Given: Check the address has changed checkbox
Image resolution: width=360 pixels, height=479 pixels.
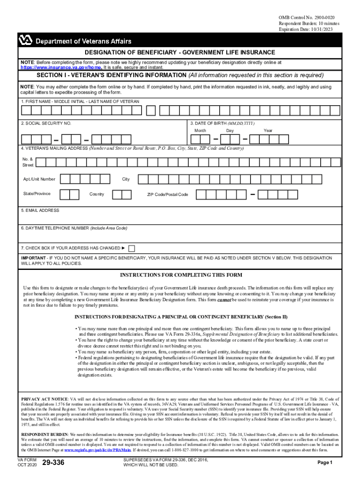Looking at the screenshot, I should tap(131, 248).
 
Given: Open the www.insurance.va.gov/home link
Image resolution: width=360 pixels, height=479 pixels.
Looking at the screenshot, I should tap(61, 67).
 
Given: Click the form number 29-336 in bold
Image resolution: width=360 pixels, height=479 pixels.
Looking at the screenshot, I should tap(53, 463).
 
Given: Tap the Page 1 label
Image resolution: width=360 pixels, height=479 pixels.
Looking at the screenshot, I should tap(324, 463).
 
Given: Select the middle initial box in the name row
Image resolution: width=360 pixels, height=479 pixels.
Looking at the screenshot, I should tap(151, 110).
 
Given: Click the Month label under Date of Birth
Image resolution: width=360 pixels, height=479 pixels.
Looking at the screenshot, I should tap(200, 131).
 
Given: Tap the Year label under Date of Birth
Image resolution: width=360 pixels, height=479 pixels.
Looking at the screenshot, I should tap(268, 131).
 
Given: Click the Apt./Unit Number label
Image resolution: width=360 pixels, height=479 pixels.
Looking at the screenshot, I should tap(39, 179).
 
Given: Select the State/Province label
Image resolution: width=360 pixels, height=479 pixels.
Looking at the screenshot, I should tap(37, 194).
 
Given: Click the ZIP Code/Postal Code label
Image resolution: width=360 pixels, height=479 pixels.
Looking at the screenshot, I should tap(168, 194).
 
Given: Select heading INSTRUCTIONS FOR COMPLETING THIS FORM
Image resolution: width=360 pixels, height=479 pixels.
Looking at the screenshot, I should tap(181, 275).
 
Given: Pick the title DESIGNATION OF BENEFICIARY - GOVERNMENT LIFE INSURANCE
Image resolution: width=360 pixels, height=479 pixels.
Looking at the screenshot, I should tap(180, 53).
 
